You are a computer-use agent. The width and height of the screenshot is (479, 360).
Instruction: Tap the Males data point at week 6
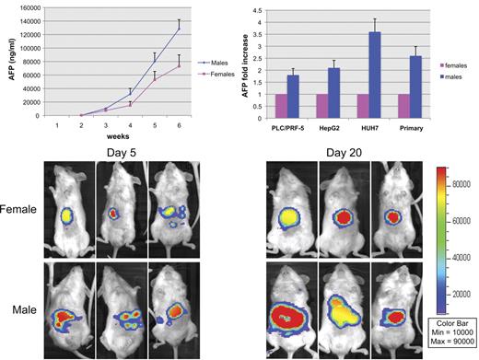click(x=179, y=29)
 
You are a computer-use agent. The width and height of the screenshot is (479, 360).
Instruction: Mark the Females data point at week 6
click(x=179, y=65)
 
